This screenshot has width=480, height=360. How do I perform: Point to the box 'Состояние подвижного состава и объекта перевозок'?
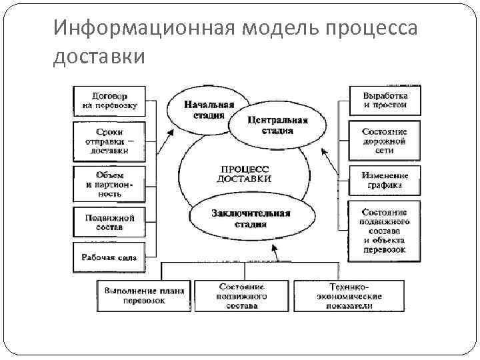(x=385, y=230)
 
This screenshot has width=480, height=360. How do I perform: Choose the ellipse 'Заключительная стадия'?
(x=250, y=219)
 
